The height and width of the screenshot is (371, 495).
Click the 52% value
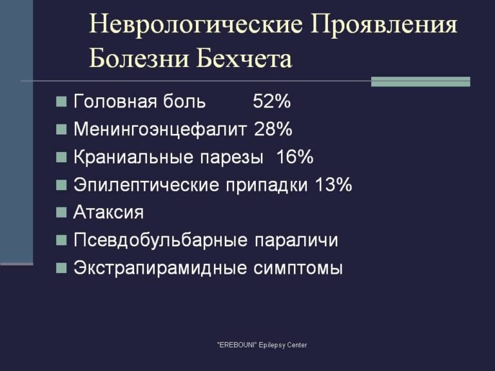(272, 102)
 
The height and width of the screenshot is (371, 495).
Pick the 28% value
(273, 129)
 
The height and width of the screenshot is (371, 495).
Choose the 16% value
(295, 157)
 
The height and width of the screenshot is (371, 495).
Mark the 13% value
(333, 185)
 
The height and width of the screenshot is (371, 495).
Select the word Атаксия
(109, 213)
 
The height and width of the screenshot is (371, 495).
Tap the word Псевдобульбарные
(160, 240)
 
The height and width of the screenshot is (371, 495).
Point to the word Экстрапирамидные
(160, 268)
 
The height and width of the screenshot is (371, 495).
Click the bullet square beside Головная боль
(61, 102)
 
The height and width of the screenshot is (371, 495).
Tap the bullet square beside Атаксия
(61, 213)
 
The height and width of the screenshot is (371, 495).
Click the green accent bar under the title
(421, 82)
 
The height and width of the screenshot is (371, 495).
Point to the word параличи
(296, 240)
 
